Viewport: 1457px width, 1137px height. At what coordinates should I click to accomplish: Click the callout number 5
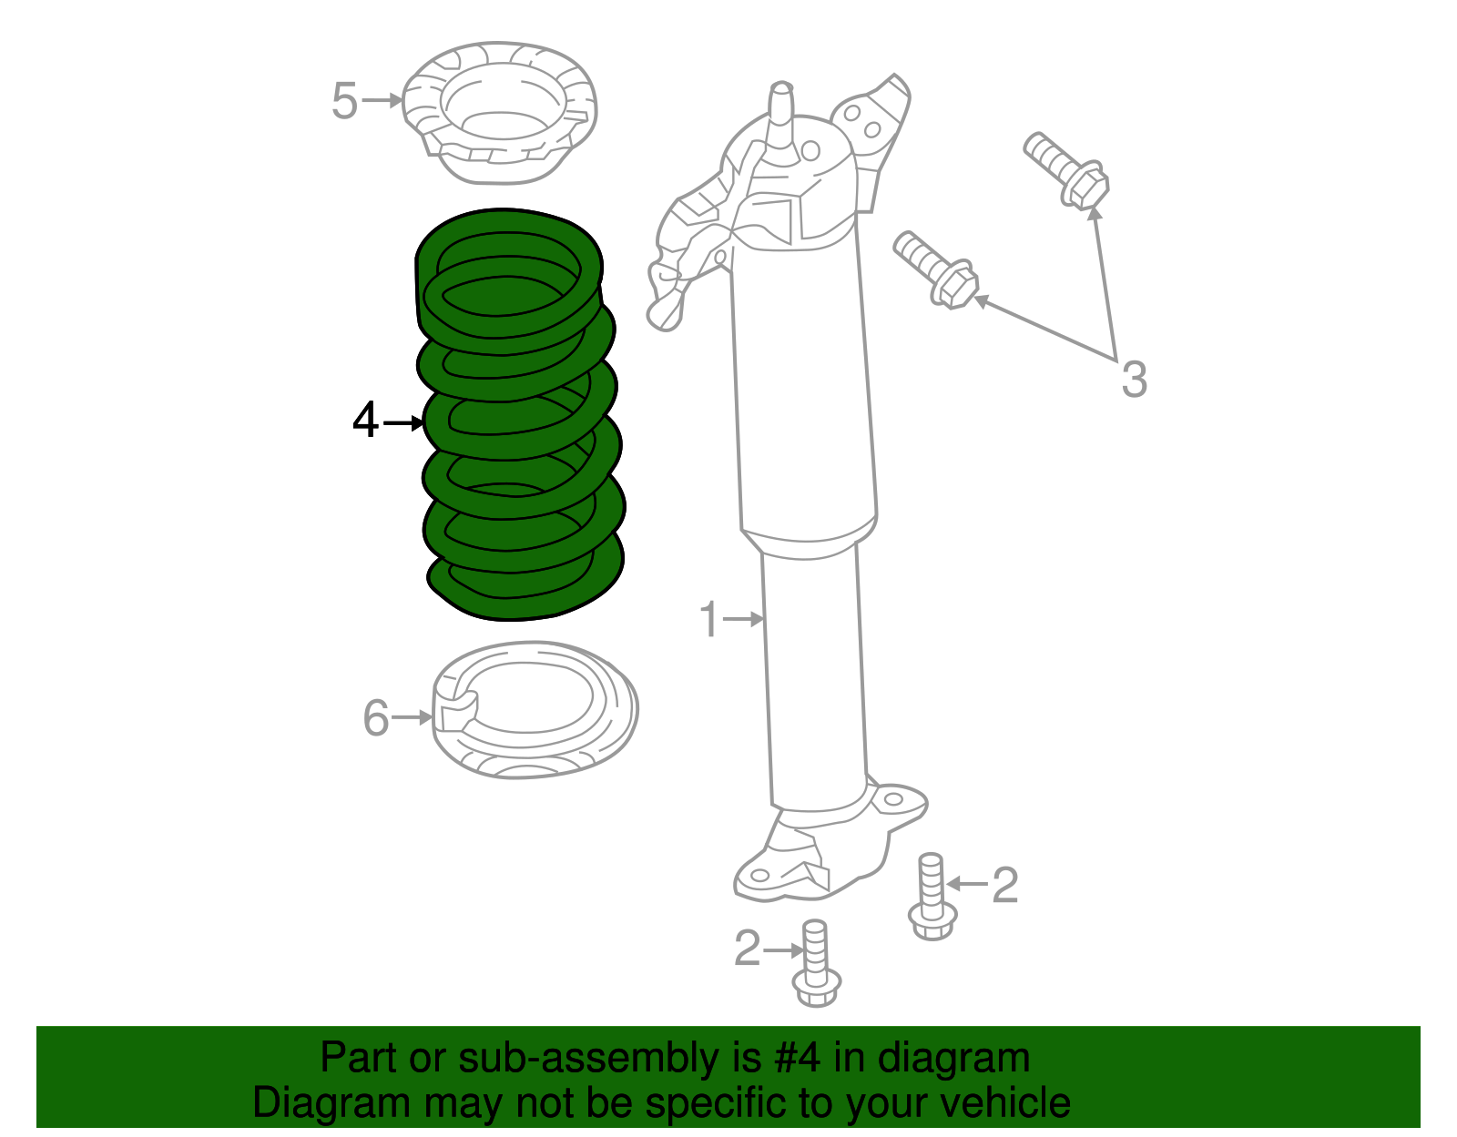coord(344,100)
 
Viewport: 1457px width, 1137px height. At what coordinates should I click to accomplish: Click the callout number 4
coord(365,421)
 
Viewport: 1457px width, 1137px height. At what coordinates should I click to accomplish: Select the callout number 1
coord(709,619)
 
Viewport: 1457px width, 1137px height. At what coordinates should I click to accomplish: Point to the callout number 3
coord(1133,379)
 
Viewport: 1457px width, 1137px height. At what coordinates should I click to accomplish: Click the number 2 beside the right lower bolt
coord(1004,885)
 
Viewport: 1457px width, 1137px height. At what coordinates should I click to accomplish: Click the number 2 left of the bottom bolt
coord(748,949)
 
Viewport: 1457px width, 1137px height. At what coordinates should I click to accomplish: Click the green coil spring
coord(519,414)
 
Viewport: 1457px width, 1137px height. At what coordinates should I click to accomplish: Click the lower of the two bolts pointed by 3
coord(937,269)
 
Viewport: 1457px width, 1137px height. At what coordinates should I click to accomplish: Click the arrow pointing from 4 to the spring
coord(403,422)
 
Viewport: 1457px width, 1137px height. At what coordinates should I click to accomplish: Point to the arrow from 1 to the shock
coord(744,619)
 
